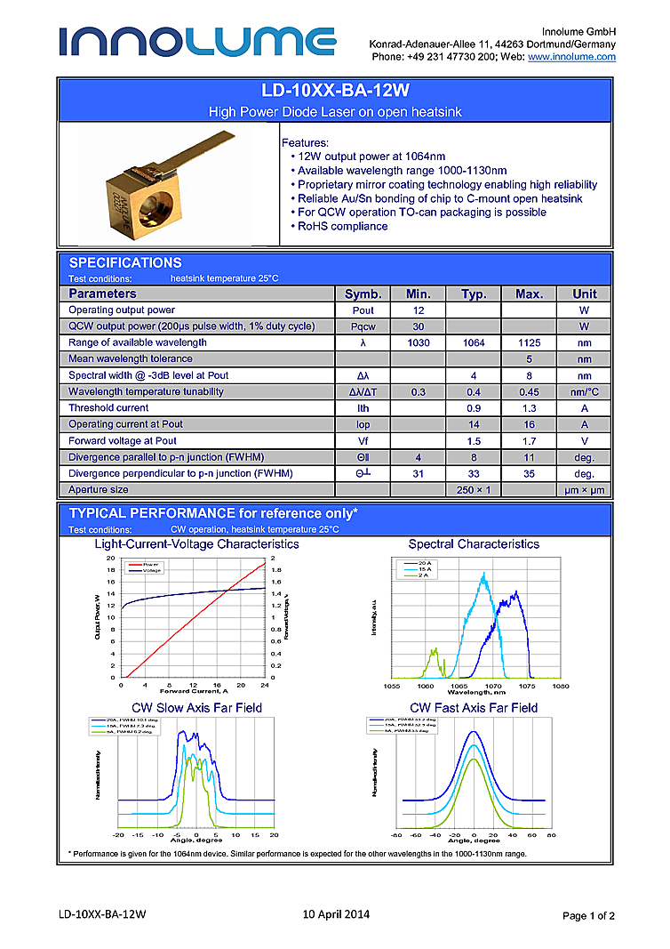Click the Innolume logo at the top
click(197, 41)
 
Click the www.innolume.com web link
click(571, 57)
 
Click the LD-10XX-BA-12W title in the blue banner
click(335, 92)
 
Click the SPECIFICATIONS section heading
click(125, 262)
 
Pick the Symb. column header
click(363, 294)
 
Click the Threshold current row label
click(108, 407)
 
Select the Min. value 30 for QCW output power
click(419, 326)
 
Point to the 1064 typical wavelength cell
click(473, 342)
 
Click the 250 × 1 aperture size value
click(473, 489)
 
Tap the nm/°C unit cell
click(584, 391)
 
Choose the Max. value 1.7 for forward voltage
click(529, 440)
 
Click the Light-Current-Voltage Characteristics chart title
click(196, 543)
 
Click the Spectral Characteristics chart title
click(473, 543)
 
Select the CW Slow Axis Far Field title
click(196, 707)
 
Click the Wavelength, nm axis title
click(473, 691)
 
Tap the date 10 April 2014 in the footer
click(336, 913)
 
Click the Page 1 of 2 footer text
click(588, 915)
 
